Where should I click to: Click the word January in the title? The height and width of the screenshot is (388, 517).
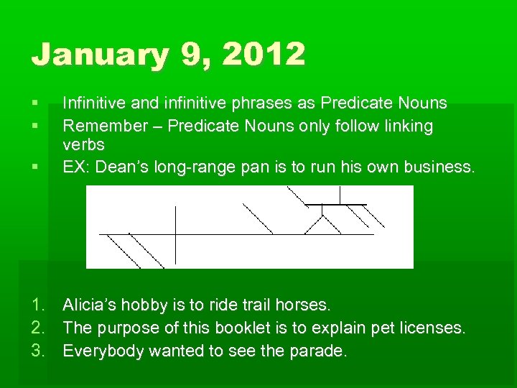click(95, 55)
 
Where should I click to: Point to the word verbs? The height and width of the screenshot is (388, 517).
click(83, 144)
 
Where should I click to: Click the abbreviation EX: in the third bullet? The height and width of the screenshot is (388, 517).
click(76, 167)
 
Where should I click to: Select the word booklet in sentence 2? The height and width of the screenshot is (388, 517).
click(258, 328)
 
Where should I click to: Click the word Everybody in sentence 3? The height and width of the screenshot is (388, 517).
click(97, 351)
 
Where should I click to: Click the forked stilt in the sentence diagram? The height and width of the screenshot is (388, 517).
click(322, 219)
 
